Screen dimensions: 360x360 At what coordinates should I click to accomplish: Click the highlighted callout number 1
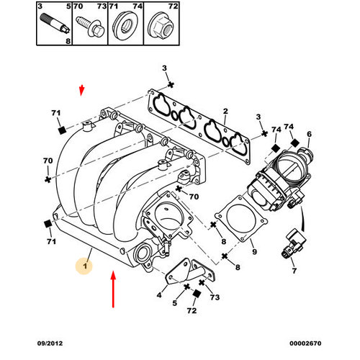point(85,267)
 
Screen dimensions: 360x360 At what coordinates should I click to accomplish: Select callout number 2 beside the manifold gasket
point(225,111)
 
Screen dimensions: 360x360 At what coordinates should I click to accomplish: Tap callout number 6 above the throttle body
point(309,135)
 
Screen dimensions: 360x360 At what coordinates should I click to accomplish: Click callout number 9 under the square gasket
point(253,252)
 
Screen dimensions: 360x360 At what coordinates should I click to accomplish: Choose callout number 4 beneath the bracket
point(159,294)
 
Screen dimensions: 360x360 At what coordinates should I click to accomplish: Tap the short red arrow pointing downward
point(81,91)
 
